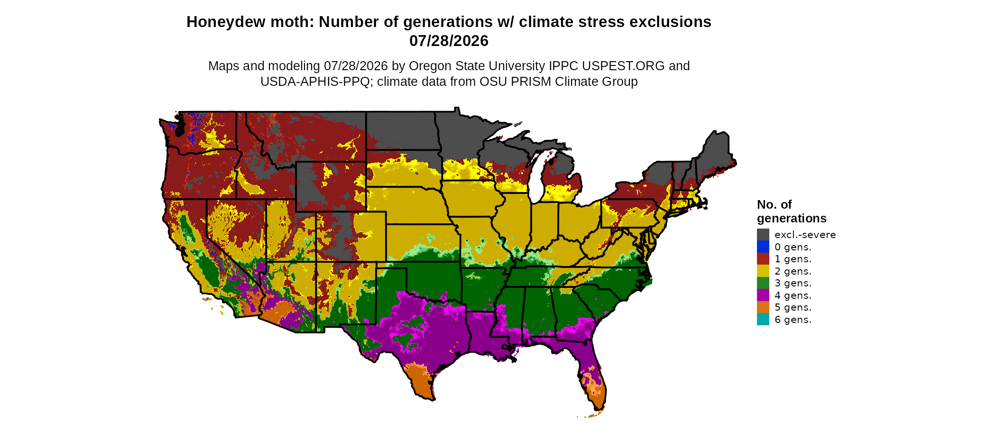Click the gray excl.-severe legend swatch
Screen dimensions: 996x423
tap(763, 234)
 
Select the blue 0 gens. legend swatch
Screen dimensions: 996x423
tap(763, 247)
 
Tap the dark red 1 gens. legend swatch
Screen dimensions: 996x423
tap(763, 259)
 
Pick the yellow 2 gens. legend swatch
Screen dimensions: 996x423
tap(763, 271)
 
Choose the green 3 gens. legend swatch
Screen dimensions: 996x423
tap(763, 283)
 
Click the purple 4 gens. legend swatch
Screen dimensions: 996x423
tap(763, 295)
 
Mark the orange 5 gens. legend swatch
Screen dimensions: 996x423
tap(763, 307)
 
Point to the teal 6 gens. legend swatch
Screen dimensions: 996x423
tap(763, 319)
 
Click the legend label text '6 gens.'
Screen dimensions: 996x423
tap(793, 320)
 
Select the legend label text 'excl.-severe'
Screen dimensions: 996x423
tap(805, 235)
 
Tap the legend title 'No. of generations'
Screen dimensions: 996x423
tap(792, 211)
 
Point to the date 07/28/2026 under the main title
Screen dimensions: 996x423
tap(449, 41)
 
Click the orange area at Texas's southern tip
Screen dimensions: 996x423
tap(420, 379)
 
